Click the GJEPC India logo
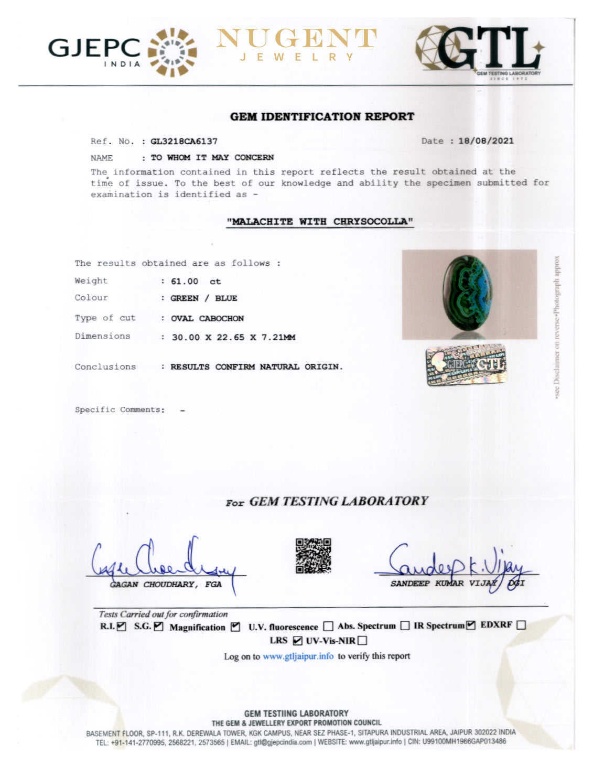(122, 51)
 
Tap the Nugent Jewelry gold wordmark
(296, 44)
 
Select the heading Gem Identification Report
(322, 116)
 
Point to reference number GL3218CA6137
(184, 141)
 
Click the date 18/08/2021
(486, 141)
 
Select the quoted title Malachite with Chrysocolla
(320, 221)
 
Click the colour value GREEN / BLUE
(203, 298)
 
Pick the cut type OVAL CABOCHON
(207, 318)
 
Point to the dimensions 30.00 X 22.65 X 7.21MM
(233, 337)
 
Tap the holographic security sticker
(466, 364)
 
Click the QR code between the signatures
(313, 555)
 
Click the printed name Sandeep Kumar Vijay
(443, 584)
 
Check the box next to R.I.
(122, 626)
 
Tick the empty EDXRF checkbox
(521, 625)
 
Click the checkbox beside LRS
(297, 640)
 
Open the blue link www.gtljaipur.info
(298, 656)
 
